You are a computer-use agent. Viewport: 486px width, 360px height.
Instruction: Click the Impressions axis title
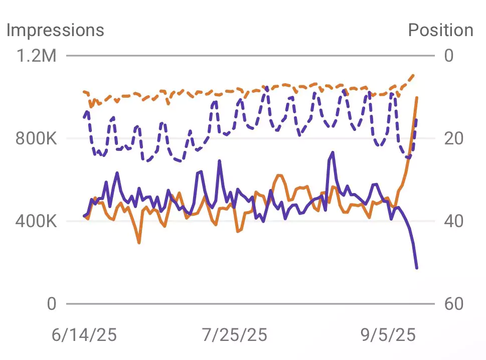point(55,30)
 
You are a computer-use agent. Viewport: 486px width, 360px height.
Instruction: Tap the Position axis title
point(440,30)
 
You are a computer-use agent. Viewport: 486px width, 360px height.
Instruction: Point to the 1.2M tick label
point(37,55)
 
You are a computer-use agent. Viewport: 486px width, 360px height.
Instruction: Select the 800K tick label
point(36,138)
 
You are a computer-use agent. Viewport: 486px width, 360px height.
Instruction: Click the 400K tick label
point(36,221)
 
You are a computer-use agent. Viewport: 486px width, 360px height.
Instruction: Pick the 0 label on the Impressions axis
point(52,304)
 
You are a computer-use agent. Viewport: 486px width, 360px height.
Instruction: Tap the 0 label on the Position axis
point(449,55)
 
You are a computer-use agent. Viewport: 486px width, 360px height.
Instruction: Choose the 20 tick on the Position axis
point(454,138)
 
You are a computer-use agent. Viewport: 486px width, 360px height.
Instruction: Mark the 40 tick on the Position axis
point(454,221)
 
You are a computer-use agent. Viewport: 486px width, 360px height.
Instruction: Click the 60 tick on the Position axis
point(454,304)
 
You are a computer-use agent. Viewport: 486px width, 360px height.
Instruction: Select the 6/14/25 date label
point(84,334)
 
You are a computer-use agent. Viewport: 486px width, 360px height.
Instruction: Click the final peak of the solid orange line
point(417,97)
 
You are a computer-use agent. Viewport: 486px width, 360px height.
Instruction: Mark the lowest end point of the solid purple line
point(417,268)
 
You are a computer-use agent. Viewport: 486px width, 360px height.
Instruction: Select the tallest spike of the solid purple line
point(333,152)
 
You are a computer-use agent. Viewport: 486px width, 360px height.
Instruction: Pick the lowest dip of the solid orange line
point(139,243)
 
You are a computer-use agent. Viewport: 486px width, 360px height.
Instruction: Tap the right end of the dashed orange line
point(414,75)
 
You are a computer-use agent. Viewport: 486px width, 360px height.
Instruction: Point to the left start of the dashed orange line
point(84,91)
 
